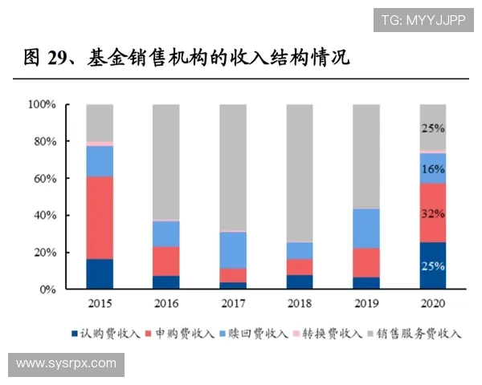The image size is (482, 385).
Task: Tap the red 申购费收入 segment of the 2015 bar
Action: [100, 217]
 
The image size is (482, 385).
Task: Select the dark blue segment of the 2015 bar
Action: [100, 274]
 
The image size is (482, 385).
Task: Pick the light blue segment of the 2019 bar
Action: [366, 228]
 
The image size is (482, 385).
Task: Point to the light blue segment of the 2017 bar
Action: [233, 249]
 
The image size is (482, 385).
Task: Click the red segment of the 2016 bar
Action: [166, 261]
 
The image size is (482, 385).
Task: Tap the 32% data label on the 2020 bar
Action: [433, 214]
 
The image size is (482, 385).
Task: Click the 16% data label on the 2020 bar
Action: [433, 169]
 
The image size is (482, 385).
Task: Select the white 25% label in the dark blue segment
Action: [433, 266]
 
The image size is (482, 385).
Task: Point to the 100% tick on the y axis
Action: [41, 104]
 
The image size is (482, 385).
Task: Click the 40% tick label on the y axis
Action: [43, 216]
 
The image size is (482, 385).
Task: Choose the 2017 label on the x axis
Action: [233, 304]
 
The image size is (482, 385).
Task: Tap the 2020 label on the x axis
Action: [432, 304]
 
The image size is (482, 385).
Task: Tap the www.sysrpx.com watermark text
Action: [66, 363]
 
